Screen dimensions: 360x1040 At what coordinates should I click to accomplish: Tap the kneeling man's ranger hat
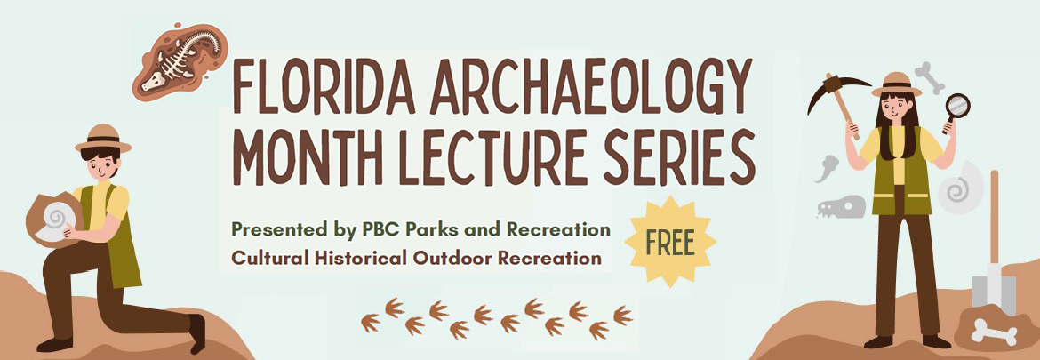pyautogui.click(x=103, y=140)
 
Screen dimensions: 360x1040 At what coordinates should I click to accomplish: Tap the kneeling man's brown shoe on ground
pyautogui.click(x=53, y=343)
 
